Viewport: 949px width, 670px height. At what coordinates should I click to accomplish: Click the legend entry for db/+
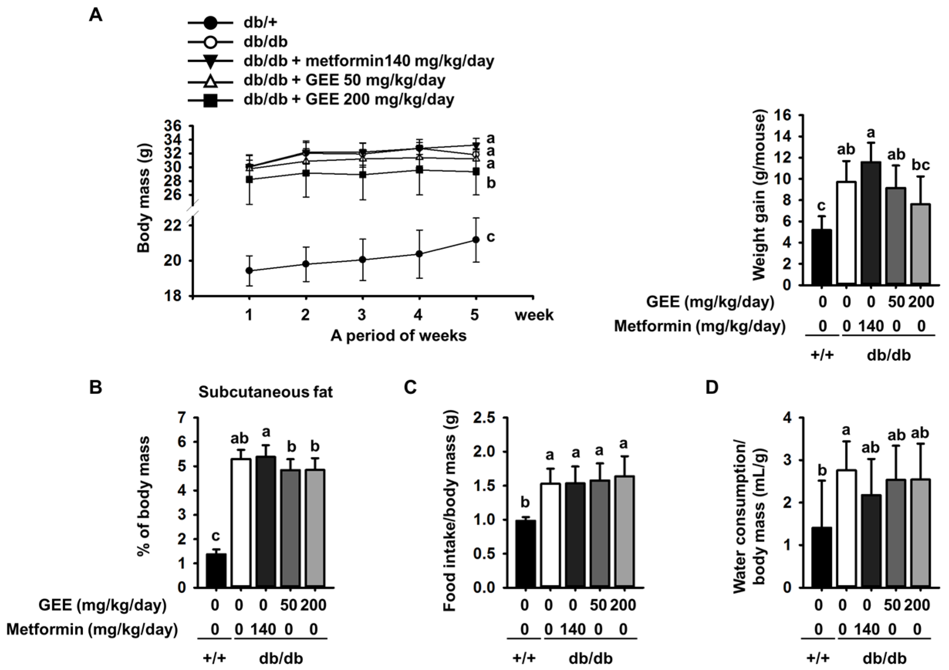coord(260,23)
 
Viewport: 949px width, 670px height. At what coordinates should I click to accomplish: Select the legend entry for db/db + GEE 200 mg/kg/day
coord(349,99)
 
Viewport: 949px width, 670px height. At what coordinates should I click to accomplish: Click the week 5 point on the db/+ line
coord(476,240)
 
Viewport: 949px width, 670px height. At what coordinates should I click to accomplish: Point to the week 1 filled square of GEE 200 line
coord(249,180)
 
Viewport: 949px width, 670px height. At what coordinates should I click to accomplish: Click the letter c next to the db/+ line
coord(491,237)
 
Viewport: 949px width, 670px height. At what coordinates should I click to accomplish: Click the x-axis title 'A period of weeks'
coord(398,336)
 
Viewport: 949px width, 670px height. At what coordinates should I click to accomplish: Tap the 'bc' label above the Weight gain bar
coord(920,165)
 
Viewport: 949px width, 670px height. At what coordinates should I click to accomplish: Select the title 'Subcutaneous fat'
coord(265,391)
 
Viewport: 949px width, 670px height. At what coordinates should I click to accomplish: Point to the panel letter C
coord(410,388)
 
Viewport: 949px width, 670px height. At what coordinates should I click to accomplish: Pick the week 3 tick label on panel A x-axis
coord(362,315)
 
